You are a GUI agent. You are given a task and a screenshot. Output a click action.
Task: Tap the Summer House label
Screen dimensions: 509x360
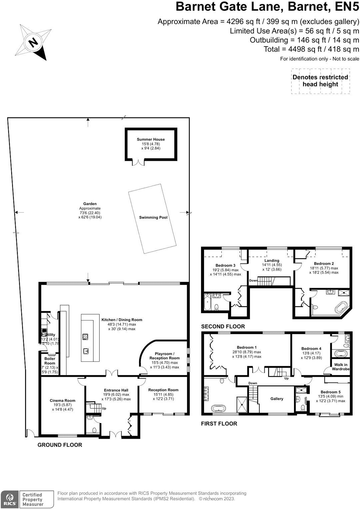(151, 140)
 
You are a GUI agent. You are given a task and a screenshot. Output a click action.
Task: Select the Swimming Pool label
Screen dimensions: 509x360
(153, 218)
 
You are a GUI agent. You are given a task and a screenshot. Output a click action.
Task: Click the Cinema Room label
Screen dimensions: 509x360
(63, 401)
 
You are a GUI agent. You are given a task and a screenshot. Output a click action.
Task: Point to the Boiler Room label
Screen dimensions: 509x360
(50, 361)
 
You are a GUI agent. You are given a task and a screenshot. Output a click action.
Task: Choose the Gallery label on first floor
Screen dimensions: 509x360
(277, 399)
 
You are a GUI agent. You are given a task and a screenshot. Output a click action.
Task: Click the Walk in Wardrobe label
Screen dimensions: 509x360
(341, 367)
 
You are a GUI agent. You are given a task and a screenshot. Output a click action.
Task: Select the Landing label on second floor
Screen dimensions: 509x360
(272, 261)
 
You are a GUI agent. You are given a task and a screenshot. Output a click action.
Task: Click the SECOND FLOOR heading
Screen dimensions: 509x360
(223, 326)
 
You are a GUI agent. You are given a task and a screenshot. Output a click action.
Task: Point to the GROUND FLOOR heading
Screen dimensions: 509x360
(60, 445)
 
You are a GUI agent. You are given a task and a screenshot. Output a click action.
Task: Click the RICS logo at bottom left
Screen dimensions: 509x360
(9, 499)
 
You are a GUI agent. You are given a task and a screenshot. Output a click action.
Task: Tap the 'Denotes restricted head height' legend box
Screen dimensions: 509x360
(320, 81)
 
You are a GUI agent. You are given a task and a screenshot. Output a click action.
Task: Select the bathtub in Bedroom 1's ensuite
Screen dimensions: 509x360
(218, 408)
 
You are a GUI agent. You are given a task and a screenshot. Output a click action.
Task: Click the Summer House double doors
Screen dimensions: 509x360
(138, 162)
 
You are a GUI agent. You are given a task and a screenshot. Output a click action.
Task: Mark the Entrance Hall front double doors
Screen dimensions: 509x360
(115, 434)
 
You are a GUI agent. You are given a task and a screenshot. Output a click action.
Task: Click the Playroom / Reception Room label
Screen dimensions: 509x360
(164, 356)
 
